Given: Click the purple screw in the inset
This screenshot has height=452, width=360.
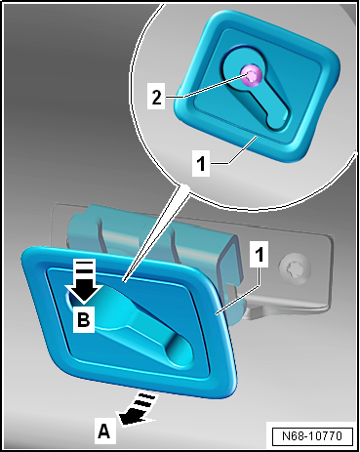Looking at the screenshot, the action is (251, 76).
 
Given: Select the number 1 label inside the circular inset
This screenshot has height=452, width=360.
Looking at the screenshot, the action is (201, 162).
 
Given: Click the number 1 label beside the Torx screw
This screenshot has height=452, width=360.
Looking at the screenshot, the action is (260, 254).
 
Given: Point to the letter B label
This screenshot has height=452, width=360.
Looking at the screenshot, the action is (84, 319).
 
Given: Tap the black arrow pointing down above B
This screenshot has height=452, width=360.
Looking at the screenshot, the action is (84, 282).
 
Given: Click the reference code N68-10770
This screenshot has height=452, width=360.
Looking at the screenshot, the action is (312, 435).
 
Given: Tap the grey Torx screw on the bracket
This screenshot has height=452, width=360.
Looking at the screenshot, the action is (295, 267).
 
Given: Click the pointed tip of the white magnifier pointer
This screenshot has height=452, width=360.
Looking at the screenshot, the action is (124, 280).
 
